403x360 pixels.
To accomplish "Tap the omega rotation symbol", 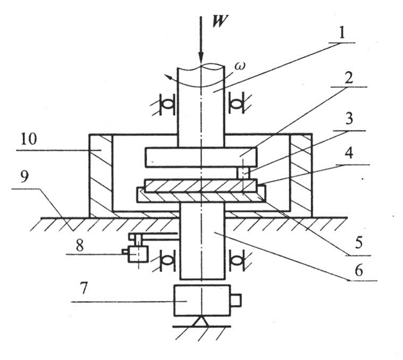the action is pos(240,66).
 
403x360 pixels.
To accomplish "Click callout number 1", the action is pos(342,33).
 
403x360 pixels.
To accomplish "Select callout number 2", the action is pos(348,77).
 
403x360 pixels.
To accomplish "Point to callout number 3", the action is pos(349,119).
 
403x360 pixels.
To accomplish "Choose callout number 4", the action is pos(348,153).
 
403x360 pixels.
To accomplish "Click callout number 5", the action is pos(359,243).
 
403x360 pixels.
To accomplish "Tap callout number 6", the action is pos(359,270).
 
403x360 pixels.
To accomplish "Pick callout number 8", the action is pos(80,245).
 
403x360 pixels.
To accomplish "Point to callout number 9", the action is pos(24,177).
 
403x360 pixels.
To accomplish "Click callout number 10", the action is pos(29,139).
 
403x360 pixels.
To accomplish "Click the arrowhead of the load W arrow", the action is pos(201,58).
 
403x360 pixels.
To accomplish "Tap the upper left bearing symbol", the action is pos(166,105).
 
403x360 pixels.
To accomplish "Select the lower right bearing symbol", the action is pos(237,260).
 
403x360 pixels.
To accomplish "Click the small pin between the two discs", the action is pos(243,173).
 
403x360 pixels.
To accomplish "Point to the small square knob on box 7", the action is pos(236,300).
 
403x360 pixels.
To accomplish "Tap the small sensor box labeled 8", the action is pos(138,254).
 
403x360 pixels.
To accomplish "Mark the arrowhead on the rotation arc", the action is pos(169,77).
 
